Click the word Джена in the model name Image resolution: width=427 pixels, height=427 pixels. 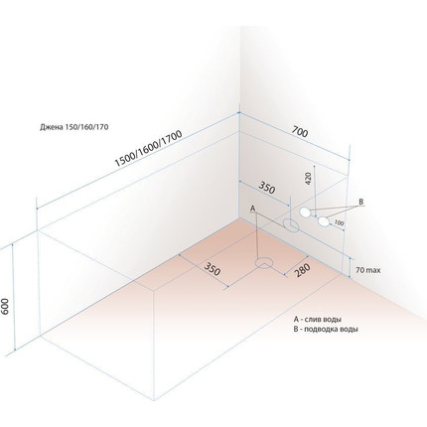coord(50,127)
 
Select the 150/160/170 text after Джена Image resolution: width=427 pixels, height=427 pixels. coord(84,127)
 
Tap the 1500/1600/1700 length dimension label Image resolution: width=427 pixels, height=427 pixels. coord(148,149)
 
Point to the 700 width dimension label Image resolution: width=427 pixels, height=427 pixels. coord(300,132)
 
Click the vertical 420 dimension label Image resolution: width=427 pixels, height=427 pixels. coord(308,179)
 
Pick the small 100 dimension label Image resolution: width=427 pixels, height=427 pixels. coord(339,222)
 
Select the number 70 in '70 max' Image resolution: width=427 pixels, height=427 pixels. coord(359,270)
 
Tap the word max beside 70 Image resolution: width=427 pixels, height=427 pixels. coord(373,270)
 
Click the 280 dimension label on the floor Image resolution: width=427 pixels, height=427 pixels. coord(302,270)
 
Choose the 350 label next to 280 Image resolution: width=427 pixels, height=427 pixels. coord(212,268)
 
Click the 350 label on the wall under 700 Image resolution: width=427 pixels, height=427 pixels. coord(267,188)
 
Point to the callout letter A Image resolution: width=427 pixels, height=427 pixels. coord(252,209)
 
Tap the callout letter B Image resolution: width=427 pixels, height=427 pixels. coord(361,202)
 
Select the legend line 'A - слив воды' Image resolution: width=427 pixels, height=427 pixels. coord(318,320)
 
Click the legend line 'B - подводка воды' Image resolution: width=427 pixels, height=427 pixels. coord(326,330)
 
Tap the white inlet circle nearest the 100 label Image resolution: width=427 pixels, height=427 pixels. coord(324,221)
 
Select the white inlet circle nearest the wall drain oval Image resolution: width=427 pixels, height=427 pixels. coord(305,213)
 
